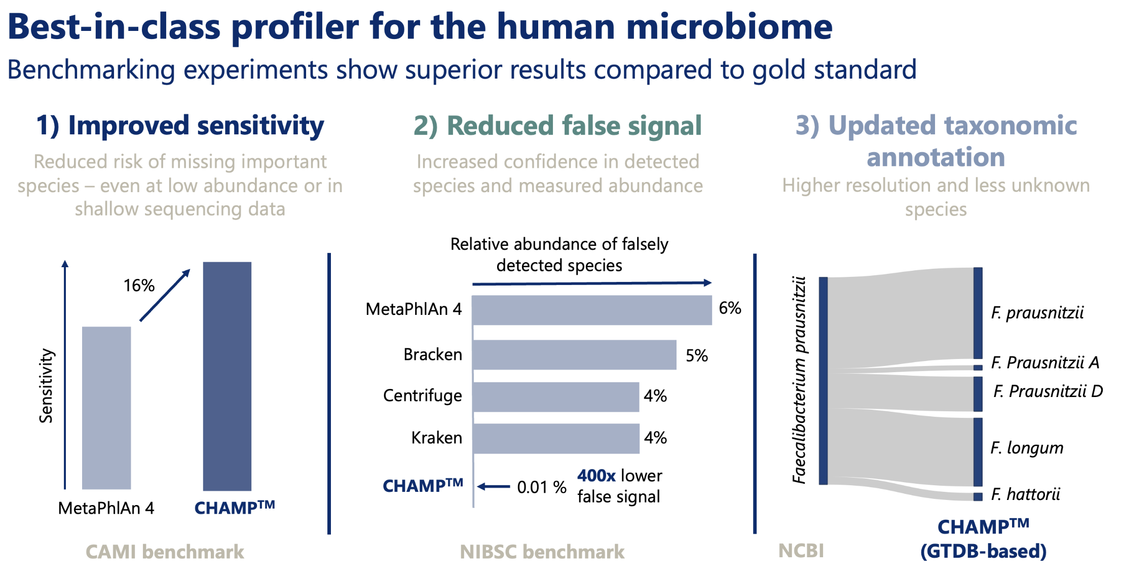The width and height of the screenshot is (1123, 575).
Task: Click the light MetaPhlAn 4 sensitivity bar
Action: pos(106,408)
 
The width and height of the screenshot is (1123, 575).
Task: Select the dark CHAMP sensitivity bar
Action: pos(227,376)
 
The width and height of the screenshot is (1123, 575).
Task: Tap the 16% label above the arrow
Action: pos(139,285)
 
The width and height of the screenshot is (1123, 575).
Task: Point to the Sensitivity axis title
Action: pos(46,385)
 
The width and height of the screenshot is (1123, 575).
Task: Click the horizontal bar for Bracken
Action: pos(574,355)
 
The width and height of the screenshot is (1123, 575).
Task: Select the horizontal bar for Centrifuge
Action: pos(556,397)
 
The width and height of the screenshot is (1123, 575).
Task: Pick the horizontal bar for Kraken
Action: pos(556,439)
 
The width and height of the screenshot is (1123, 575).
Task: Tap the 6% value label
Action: pos(730,308)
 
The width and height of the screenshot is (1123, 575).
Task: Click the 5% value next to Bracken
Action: pos(696,355)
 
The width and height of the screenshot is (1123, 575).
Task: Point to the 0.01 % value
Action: pos(541,487)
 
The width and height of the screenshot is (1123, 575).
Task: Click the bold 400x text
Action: pos(596,476)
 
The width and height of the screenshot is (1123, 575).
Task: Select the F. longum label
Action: pos(1027,448)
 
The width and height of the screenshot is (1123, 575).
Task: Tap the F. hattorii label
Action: pos(1025,494)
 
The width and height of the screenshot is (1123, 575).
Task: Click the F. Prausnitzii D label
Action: pos(1048,391)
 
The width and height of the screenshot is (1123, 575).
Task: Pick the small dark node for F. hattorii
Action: pos(978,496)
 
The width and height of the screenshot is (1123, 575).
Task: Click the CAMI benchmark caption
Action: pos(165,552)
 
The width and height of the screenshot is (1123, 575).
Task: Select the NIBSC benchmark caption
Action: pos(542,552)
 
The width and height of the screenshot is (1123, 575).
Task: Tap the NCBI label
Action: pos(801,550)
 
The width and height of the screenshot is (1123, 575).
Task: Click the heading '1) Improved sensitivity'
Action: pos(180,125)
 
